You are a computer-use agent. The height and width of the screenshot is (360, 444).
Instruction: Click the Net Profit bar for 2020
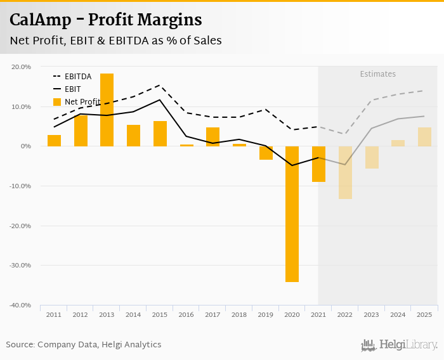[292, 214]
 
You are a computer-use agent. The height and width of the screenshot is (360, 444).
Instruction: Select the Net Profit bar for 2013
[107, 110]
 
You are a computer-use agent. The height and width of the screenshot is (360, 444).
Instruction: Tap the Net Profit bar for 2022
[345, 172]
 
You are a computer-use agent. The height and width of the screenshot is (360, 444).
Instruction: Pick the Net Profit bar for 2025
[424, 137]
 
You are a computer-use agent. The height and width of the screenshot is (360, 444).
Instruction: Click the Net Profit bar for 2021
[318, 164]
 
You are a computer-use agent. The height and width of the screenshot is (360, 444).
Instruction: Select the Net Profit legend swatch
[57, 101]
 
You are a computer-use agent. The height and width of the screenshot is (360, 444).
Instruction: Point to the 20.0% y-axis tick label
[22, 67]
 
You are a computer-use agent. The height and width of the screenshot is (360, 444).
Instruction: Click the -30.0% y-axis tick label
[20, 266]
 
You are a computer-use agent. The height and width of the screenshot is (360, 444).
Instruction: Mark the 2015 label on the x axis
[160, 314]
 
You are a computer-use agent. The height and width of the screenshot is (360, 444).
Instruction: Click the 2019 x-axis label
[266, 314]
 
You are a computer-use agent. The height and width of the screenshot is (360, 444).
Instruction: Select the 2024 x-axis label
[398, 314]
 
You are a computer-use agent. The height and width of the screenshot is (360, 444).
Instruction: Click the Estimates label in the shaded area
[378, 74]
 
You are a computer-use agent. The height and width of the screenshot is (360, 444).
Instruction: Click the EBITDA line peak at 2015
[160, 85]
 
